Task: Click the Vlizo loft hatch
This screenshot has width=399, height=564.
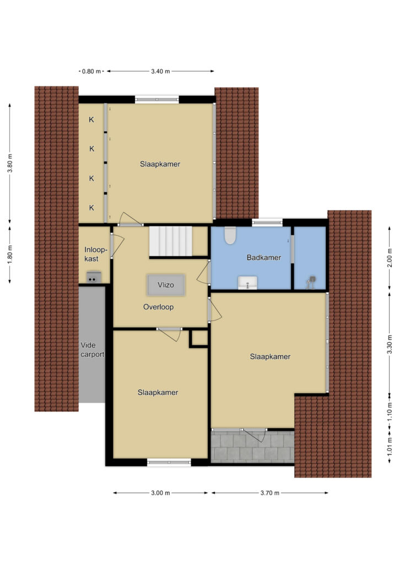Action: click(166, 285)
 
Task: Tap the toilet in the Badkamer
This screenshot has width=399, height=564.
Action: click(230, 235)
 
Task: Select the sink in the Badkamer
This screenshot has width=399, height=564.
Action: click(247, 283)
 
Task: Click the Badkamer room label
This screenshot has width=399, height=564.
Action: click(264, 258)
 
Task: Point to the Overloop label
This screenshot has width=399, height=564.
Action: click(158, 307)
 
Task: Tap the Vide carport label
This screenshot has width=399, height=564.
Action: click(92, 350)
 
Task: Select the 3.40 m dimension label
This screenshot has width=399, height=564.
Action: click(160, 71)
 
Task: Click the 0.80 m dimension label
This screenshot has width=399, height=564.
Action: click(91, 71)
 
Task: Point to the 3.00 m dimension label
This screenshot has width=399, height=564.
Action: click(160, 493)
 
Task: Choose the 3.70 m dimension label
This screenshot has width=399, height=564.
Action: click(270, 493)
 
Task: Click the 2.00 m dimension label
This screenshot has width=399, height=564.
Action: click(390, 258)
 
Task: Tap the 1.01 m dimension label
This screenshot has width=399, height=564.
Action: click(390, 446)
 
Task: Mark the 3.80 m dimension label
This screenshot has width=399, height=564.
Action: click(10, 163)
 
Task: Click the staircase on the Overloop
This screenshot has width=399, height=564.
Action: click(171, 241)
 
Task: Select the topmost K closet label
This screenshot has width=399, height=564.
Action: click(91, 120)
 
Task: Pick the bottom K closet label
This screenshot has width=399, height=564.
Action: click(91, 208)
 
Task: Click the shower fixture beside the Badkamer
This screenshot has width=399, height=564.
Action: click(311, 282)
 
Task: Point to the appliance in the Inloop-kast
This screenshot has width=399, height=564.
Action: click(93, 278)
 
